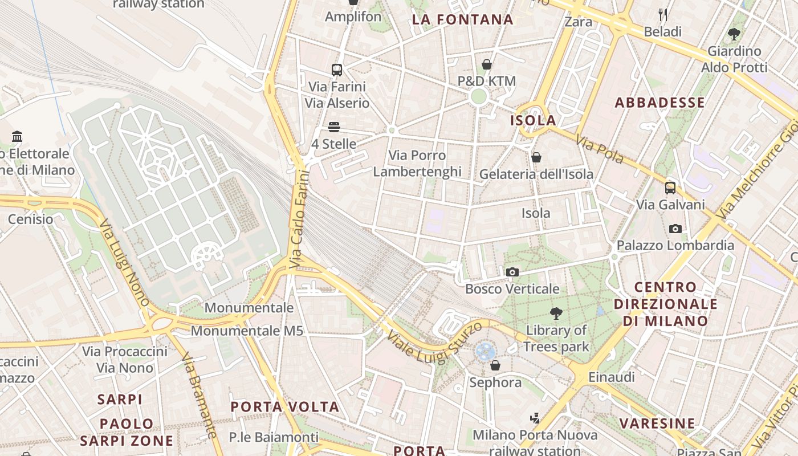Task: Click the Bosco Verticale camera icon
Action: pos(512,272)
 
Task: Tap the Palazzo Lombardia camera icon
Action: pos(675,229)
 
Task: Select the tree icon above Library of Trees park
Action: pos(556,313)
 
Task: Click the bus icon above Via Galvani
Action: pos(670,188)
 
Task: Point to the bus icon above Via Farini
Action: pos(337,70)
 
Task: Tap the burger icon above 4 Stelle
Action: pos(334,127)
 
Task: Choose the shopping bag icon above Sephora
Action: pos(495,365)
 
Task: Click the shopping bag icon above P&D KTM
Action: pos(487,64)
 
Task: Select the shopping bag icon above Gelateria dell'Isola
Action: pos(536,157)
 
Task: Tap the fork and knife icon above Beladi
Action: pos(662,15)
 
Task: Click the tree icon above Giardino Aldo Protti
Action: pos(734,34)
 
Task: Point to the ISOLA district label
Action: pos(533,120)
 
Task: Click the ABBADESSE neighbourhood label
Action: pos(659,103)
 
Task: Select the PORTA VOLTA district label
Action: pos(285,407)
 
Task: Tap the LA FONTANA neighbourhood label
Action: pos(462,20)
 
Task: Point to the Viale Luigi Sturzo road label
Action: pos(434,341)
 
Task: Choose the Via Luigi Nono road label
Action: pos(125,263)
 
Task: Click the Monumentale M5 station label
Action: pos(247,331)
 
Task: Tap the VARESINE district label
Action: pos(657,424)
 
